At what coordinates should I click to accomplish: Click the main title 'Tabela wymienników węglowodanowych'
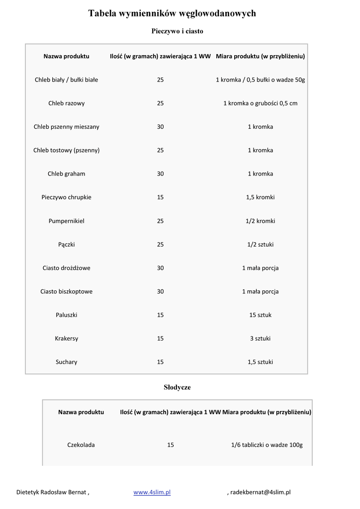pyautogui.click(x=172, y=13)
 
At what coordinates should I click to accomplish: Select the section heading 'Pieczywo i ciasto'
pyautogui.click(x=177, y=31)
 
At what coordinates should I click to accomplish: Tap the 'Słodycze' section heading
pyautogui.click(x=177, y=387)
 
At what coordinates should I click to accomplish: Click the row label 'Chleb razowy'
pyautogui.click(x=66, y=103)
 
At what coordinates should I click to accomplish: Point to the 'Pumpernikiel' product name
pyautogui.click(x=66, y=221)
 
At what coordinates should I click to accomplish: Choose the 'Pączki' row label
pyautogui.click(x=66, y=245)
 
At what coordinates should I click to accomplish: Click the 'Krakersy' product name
pyautogui.click(x=66, y=339)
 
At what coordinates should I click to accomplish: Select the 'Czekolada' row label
pyautogui.click(x=81, y=445)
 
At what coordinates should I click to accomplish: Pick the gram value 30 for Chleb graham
pyautogui.click(x=160, y=174)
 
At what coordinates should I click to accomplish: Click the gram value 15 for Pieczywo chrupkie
pyautogui.click(x=160, y=197)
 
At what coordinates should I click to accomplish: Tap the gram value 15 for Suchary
pyautogui.click(x=160, y=362)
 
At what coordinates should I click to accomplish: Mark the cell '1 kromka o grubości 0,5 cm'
pyautogui.click(x=260, y=103)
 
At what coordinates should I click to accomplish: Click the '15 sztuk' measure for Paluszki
pyautogui.click(x=260, y=315)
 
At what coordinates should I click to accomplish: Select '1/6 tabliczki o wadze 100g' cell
pyautogui.click(x=267, y=445)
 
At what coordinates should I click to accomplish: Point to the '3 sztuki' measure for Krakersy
pyautogui.click(x=260, y=339)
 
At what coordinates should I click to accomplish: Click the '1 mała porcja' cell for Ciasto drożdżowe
pyautogui.click(x=260, y=268)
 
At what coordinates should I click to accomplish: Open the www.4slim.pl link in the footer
pyautogui.click(x=152, y=492)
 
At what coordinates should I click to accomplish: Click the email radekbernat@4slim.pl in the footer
pyautogui.click(x=261, y=492)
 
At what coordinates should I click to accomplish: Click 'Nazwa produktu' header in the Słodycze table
pyautogui.click(x=81, y=412)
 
